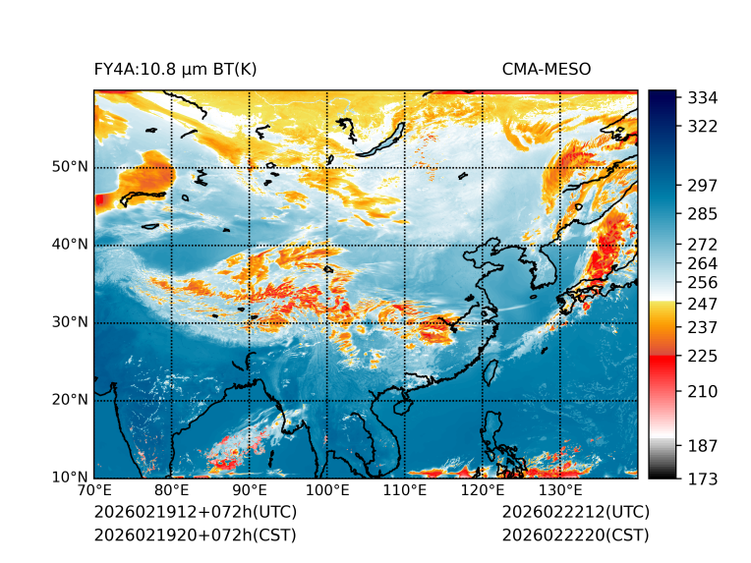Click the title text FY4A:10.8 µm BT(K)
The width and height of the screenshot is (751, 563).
[175, 69]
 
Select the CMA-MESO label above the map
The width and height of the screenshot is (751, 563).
[547, 69]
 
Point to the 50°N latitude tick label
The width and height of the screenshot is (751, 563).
[70, 167]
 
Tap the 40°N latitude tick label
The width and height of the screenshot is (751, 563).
[70, 245]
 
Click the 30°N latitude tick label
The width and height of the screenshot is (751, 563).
[70, 322]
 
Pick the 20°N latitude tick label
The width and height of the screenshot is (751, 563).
[70, 400]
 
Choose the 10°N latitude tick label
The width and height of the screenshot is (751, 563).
[70, 478]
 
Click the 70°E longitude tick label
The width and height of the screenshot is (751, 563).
[94, 491]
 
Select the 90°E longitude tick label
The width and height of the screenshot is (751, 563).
[250, 491]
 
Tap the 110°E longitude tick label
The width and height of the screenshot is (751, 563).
[405, 491]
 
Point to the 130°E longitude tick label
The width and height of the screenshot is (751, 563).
[560, 491]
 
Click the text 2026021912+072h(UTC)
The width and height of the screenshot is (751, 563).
[195, 513]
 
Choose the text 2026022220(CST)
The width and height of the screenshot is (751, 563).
[575, 535]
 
